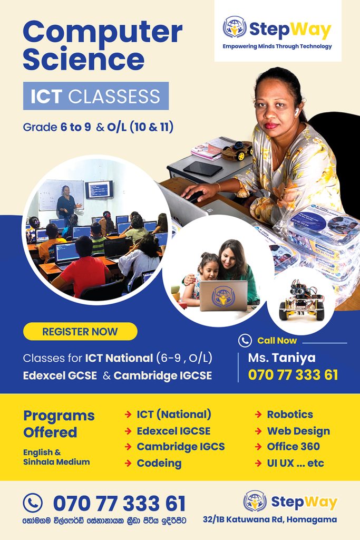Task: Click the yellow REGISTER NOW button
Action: tap(80, 331)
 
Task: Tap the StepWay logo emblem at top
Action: tap(235, 27)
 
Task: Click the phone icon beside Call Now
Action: tap(245, 341)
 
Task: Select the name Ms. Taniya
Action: tap(281, 358)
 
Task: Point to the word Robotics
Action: tap(290, 414)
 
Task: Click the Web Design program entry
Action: tap(298, 431)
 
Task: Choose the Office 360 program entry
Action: tap(293, 446)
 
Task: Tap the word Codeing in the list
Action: tap(159, 464)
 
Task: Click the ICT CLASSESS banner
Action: tap(96, 96)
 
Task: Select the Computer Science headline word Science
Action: tap(83, 59)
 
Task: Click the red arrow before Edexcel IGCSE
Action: tap(128, 431)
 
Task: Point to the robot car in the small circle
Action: tap(302, 300)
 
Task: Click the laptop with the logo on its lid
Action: tap(223, 295)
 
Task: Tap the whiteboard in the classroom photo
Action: tap(61, 195)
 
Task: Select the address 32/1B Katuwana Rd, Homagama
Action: tap(270, 519)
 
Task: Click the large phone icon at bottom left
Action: tap(33, 503)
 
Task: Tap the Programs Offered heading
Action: tap(59, 424)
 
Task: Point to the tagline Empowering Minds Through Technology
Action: tap(277, 46)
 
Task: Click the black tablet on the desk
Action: tap(203, 169)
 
